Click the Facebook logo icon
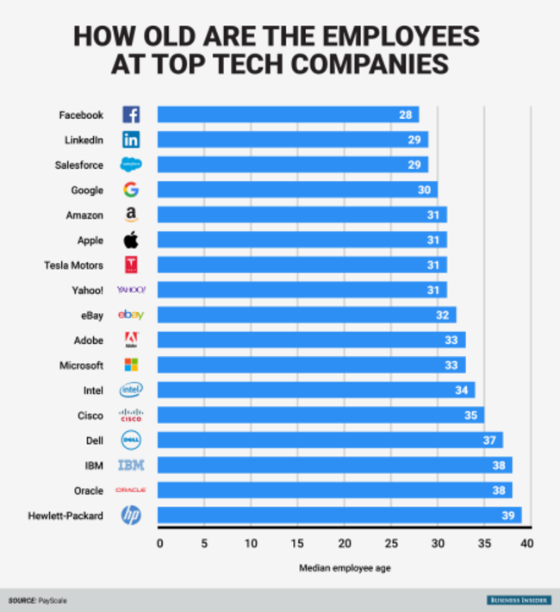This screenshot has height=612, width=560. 131,115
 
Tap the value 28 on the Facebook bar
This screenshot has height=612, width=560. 405,115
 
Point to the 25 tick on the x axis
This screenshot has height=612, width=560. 391,543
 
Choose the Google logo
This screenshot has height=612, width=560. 131,190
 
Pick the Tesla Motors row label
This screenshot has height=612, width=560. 73,265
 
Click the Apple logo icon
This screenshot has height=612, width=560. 131,240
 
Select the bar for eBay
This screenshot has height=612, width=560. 307,315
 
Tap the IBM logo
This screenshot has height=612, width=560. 131,465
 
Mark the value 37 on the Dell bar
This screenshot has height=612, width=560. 488,440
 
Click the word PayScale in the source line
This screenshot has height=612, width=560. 53,599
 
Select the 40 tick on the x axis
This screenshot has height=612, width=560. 527,543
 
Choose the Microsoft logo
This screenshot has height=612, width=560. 131,365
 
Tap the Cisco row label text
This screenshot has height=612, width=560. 90,415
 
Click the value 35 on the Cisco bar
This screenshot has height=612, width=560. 470,415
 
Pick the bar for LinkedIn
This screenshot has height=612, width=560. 292,140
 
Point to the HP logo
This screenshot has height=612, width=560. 131,515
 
